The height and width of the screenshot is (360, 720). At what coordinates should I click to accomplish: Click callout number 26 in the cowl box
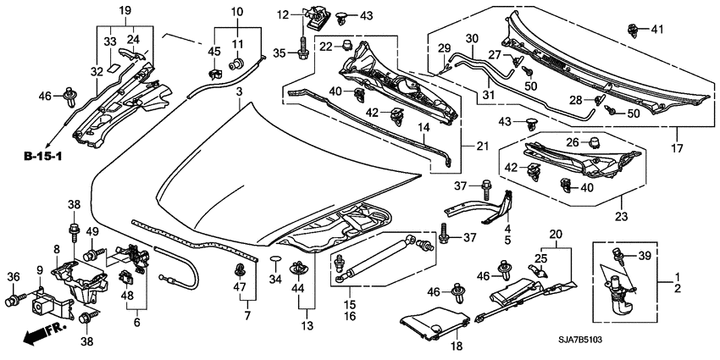(572, 141)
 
